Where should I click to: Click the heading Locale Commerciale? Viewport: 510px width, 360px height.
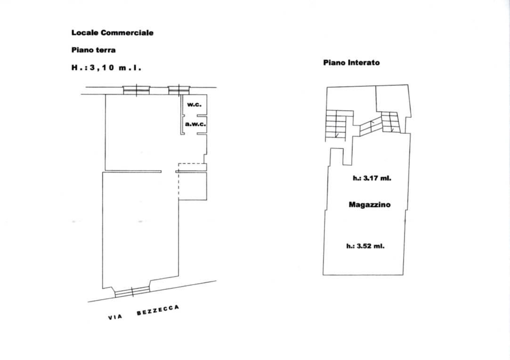point(112,33)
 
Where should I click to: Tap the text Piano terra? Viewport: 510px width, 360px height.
point(93,50)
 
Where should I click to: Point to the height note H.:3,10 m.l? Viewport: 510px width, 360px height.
point(106,68)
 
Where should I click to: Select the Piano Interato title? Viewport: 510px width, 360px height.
point(351,63)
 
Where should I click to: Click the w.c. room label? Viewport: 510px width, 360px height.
point(194,105)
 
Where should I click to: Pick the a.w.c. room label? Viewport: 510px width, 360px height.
point(195,124)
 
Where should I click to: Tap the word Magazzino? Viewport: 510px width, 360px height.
point(370,205)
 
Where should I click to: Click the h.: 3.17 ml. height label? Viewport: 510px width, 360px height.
point(372,178)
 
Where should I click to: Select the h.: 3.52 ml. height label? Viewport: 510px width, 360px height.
point(365,246)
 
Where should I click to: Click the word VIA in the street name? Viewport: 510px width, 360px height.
point(115,317)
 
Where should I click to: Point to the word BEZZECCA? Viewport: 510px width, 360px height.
point(158,310)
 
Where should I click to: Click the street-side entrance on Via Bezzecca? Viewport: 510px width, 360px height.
point(132,292)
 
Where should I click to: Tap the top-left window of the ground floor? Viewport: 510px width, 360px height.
point(136,90)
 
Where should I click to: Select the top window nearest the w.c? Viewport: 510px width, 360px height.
point(178,90)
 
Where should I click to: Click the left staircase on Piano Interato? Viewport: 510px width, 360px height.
point(336,126)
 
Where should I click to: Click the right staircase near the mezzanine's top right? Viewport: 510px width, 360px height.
point(390,122)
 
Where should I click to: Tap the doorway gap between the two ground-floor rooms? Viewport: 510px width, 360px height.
point(169,172)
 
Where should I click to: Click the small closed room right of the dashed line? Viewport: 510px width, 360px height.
point(193,186)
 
